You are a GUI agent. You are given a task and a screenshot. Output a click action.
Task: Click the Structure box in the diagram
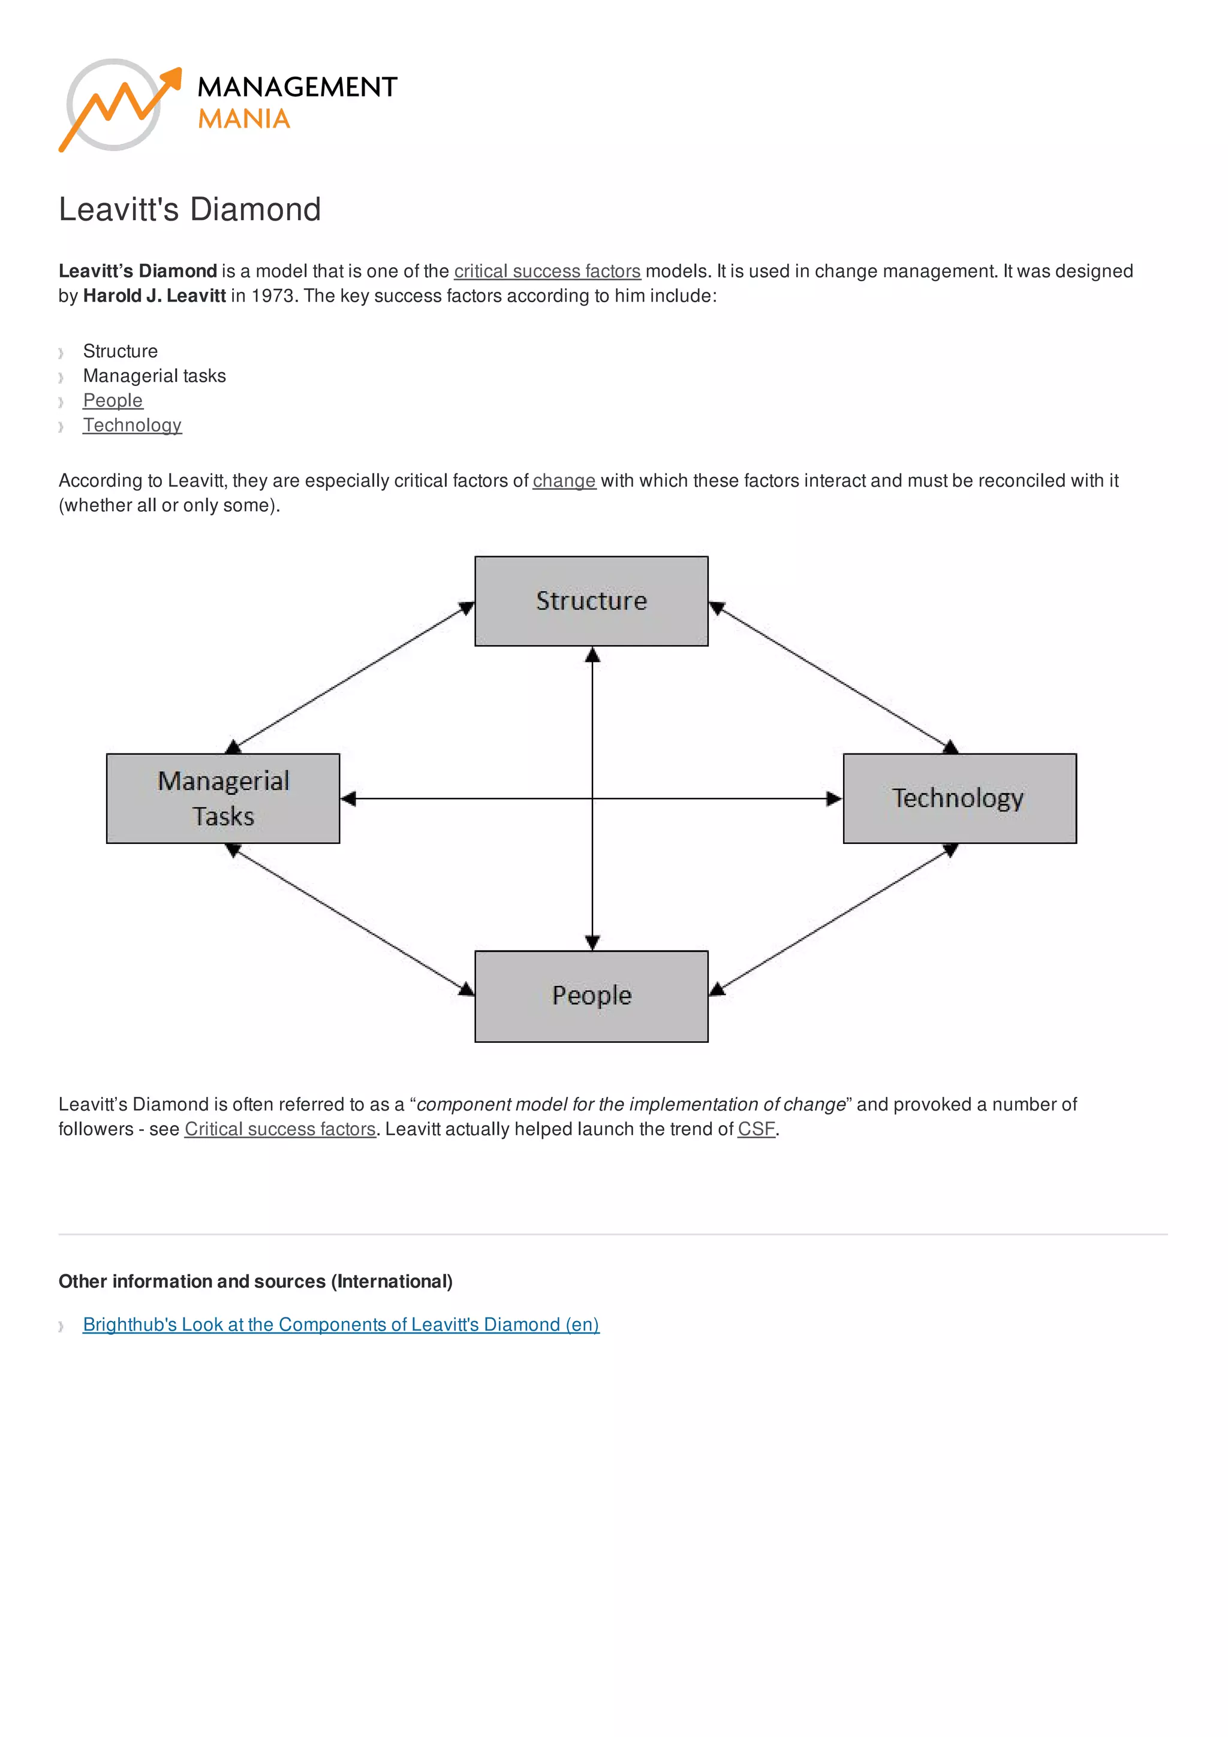point(591,601)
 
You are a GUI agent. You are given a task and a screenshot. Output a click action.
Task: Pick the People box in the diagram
point(591,996)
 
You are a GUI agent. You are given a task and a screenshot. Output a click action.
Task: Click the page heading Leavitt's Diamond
point(190,210)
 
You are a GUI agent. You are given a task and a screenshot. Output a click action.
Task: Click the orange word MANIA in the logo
point(243,119)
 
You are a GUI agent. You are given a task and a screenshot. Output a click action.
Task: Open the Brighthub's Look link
point(341,1324)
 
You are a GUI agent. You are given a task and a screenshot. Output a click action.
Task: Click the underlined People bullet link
point(113,400)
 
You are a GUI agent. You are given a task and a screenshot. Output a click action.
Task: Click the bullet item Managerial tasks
point(154,376)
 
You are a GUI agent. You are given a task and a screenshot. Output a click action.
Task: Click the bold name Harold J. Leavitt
point(154,296)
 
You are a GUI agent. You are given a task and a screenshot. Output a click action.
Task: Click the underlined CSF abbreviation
point(756,1129)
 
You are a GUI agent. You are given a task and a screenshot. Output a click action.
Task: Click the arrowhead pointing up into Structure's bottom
point(592,655)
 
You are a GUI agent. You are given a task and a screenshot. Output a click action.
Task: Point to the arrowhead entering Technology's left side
point(834,798)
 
